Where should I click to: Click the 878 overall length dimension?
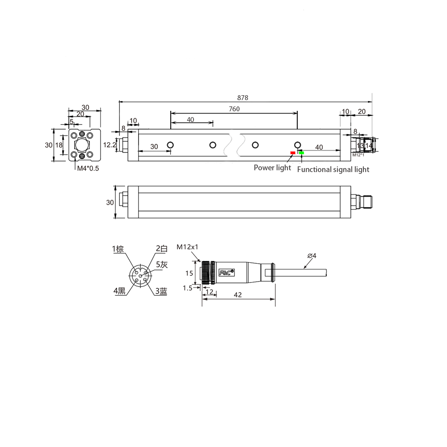click(x=243, y=98)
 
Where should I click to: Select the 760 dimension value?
click(x=234, y=109)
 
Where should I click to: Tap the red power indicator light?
click(x=293, y=153)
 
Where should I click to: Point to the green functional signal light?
click(x=301, y=153)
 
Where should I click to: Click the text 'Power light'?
click(x=273, y=168)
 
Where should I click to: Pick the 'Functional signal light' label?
click(x=333, y=169)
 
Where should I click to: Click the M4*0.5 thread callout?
click(x=88, y=169)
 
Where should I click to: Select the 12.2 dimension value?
click(x=110, y=145)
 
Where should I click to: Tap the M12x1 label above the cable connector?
click(x=187, y=247)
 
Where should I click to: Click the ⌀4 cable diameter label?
click(x=312, y=256)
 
